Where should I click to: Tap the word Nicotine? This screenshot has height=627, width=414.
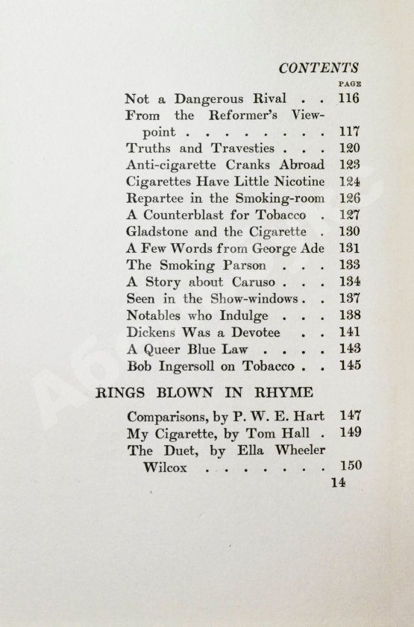coord(300,181)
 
